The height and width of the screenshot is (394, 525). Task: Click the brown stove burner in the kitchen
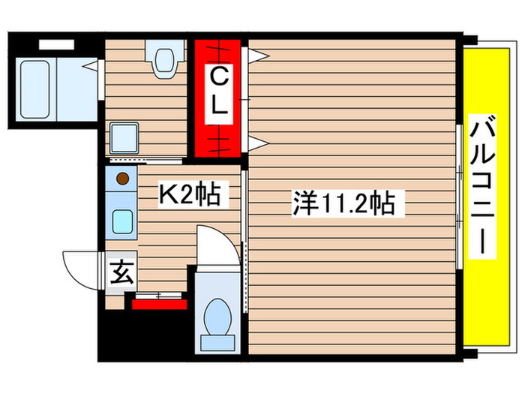pos(122,179)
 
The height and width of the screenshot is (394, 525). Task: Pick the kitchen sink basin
pos(122,221)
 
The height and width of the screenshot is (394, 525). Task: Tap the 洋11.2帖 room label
pos(344,203)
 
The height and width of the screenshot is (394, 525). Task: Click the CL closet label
pos(218,91)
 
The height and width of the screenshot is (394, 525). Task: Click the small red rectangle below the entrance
pos(159,303)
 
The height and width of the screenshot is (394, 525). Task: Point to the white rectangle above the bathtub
pos(56,44)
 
